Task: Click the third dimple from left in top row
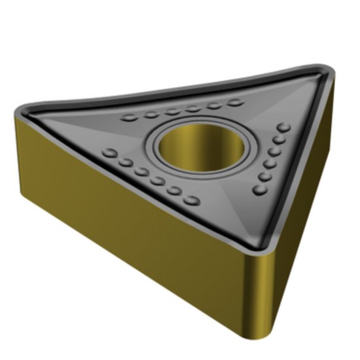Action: (172, 111)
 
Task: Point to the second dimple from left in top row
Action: (151, 114)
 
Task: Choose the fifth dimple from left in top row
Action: (214, 104)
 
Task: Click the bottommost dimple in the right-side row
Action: (259, 189)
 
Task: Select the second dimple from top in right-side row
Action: (281, 139)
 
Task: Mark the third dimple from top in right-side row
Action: (276, 151)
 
